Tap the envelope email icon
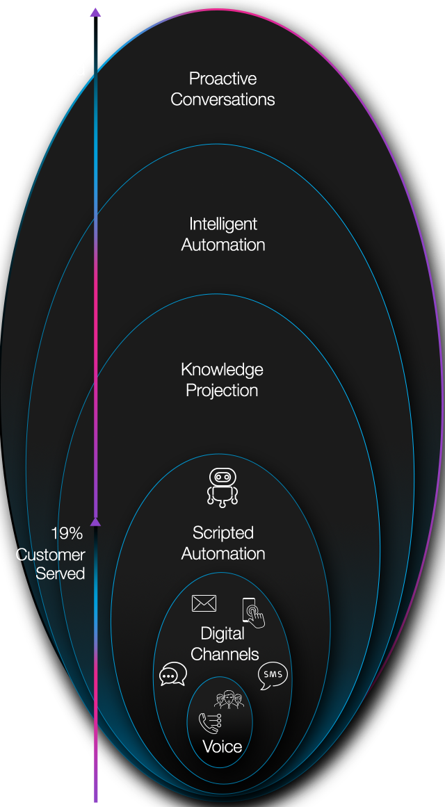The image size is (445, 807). pyautogui.click(x=204, y=603)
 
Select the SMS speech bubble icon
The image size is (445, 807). pyautogui.click(x=272, y=676)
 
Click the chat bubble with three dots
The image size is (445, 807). pyautogui.click(x=172, y=675)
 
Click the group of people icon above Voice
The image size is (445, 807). pyautogui.click(x=229, y=700)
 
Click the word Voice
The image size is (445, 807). pyautogui.click(x=222, y=747)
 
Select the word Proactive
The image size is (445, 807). pyautogui.click(x=222, y=79)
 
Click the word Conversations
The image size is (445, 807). pyautogui.click(x=222, y=99)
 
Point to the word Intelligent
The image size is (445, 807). pyautogui.click(x=222, y=224)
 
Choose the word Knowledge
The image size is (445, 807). pyautogui.click(x=222, y=369)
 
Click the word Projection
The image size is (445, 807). pyautogui.click(x=222, y=390)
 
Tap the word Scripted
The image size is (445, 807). pyautogui.click(x=222, y=533)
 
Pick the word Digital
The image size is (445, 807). pyautogui.click(x=222, y=633)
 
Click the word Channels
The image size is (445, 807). pyautogui.click(x=224, y=654)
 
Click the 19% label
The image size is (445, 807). pyautogui.click(x=67, y=534)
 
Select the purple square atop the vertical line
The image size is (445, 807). pyautogui.click(x=96, y=11)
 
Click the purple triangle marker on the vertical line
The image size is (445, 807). pyautogui.click(x=96, y=521)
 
